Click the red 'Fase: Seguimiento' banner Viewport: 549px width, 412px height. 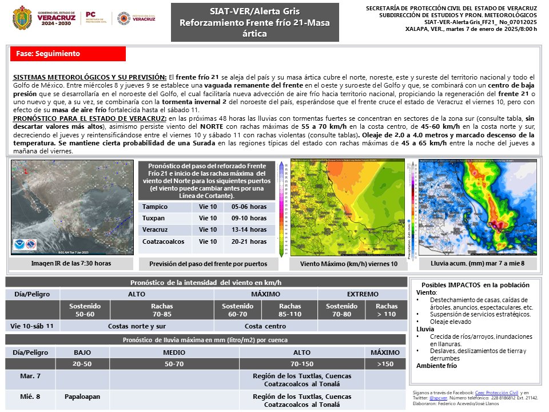click(67, 54)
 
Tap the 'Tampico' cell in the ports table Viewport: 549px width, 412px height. click(164, 207)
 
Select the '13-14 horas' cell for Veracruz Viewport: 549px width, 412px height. click(249, 230)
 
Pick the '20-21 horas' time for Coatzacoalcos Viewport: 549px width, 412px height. click(249, 242)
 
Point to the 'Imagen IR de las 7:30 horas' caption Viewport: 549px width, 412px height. click(71, 263)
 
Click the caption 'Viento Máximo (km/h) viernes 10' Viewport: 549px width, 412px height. click(349, 264)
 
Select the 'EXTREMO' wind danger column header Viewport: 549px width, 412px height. click(362, 294)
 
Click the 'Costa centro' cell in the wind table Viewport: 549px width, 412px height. click(265, 326)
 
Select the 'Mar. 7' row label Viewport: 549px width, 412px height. click(30, 377)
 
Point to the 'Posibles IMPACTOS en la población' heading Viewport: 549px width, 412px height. click(475, 285)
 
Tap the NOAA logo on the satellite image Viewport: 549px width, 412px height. click(21, 244)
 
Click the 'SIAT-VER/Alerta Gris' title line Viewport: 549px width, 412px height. click(254, 11)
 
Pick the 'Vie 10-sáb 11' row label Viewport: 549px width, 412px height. click(33, 326)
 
